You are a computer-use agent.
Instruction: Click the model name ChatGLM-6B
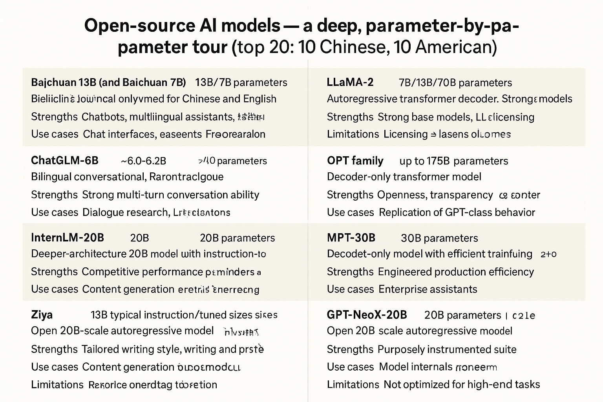[x=64, y=161]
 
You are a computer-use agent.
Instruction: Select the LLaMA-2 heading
[x=350, y=82]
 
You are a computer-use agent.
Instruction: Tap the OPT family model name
[x=355, y=161]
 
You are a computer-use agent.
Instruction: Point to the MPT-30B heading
[x=351, y=238]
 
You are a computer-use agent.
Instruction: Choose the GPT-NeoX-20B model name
[x=367, y=315]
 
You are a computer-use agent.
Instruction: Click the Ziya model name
[x=42, y=315]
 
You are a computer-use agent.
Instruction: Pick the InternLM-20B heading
[x=67, y=238]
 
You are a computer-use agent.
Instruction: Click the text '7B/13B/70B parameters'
[x=455, y=83]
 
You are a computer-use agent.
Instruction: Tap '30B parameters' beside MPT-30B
[x=439, y=238]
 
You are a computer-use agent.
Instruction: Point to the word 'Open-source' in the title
[x=139, y=26]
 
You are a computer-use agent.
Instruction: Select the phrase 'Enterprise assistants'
[x=428, y=289]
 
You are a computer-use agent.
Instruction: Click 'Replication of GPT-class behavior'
[x=457, y=212]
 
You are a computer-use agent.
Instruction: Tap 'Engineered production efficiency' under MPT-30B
[x=456, y=272]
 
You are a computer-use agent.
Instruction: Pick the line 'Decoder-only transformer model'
[x=404, y=177]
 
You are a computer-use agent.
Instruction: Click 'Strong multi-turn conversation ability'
[x=170, y=195]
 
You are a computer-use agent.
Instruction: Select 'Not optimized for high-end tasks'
[x=462, y=384]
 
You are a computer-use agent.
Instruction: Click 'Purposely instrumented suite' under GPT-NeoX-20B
[x=447, y=349]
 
